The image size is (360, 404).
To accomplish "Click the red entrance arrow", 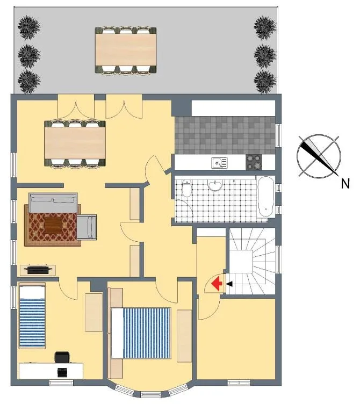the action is (217, 284).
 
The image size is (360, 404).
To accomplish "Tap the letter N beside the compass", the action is (345, 184).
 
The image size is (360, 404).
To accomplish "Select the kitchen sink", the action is (220, 163).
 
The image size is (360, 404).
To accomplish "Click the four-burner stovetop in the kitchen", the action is (254, 162).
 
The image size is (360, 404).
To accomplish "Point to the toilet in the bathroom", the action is (187, 188).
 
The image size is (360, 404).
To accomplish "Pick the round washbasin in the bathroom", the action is (215, 185).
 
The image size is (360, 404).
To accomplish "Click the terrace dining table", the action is (126, 50).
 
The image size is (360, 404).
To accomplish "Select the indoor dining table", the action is (75, 143).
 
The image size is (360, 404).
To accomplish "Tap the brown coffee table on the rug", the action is (53, 225).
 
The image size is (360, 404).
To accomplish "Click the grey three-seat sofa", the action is (53, 203).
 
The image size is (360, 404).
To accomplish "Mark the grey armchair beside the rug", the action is (87, 227).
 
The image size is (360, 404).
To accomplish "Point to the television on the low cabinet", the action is (38, 270).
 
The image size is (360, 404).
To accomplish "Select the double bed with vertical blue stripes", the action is (141, 333).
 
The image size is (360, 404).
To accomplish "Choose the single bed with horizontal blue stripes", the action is (32, 315).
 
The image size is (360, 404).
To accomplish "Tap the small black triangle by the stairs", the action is (229, 284).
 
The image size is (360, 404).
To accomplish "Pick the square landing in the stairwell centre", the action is (241, 261).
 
